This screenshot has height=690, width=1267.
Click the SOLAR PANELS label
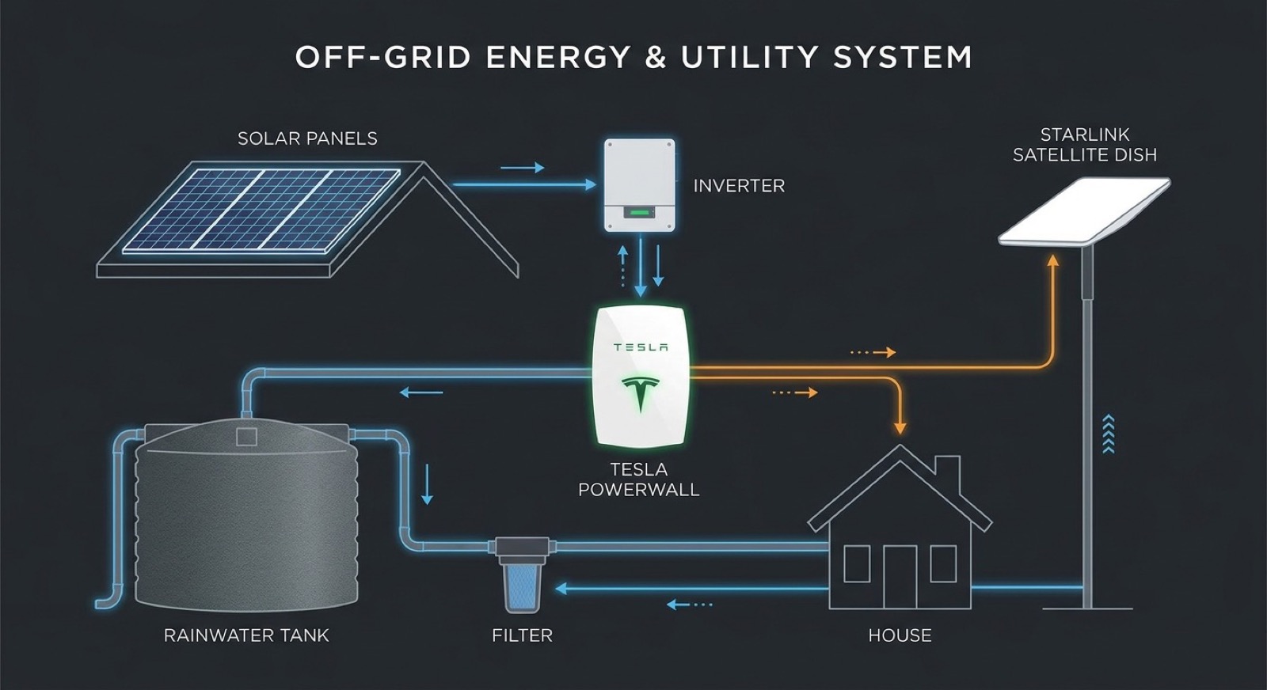pyautogui.click(x=307, y=138)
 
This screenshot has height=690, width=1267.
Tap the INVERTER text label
pyautogui.click(x=739, y=186)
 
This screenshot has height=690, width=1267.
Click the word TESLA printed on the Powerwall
pyautogui.click(x=640, y=347)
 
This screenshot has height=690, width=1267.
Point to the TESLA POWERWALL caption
pyautogui.click(x=639, y=480)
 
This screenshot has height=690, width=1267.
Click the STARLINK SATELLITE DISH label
pyautogui.click(x=1084, y=145)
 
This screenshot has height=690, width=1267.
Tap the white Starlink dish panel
pyautogui.click(x=1084, y=210)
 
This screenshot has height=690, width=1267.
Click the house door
pyautogui.click(x=900, y=576)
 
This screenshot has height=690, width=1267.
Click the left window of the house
pyautogui.click(x=857, y=564)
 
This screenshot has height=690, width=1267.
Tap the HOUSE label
pyautogui.click(x=900, y=635)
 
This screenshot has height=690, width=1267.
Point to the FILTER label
pyautogui.click(x=522, y=635)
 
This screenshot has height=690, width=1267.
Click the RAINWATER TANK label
pyautogui.click(x=246, y=635)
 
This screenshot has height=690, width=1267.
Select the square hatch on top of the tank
pyautogui.click(x=246, y=436)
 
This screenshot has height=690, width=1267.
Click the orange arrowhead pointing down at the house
pyautogui.click(x=899, y=428)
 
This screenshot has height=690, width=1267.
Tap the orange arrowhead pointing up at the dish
pyautogui.click(x=1053, y=260)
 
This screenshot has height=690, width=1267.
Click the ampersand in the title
pyautogui.click(x=655, y=58)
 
